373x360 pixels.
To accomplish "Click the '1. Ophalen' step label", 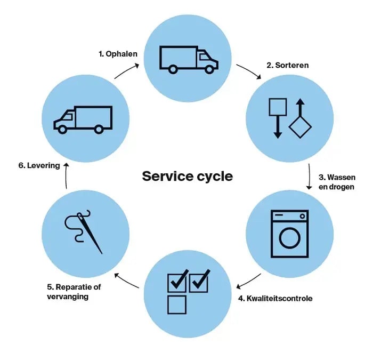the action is tap(118, 54).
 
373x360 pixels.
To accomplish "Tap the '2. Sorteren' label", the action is tap(287, 65).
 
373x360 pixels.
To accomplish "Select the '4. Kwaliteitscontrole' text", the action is tap(275, 298).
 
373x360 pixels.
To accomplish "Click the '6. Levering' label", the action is tap(39, 165).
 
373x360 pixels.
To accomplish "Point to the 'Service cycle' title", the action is tap(187, 177).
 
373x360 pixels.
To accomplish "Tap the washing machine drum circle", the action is tap(289, 238).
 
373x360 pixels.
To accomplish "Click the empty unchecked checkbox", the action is tap(177, 305).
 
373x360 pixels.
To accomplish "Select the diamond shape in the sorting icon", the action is tap(300, 127).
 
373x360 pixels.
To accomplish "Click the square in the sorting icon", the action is tap(278, 107).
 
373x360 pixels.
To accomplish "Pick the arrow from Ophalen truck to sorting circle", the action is tap(248, 71).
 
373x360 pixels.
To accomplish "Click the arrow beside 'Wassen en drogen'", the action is tap(309, 177).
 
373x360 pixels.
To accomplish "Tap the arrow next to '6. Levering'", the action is tap(67, 176).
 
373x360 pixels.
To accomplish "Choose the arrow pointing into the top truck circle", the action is tap(127, 71).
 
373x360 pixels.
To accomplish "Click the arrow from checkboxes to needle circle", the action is tap(127, 281).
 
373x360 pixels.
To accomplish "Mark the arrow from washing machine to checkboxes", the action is tap(248, 281).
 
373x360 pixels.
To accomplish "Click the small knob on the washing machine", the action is tap(302, 216).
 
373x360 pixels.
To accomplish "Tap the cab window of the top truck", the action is tap(204, 57).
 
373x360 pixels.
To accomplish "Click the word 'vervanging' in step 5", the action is tap(68, 297).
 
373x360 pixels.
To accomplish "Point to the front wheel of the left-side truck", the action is tap(62, 130).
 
